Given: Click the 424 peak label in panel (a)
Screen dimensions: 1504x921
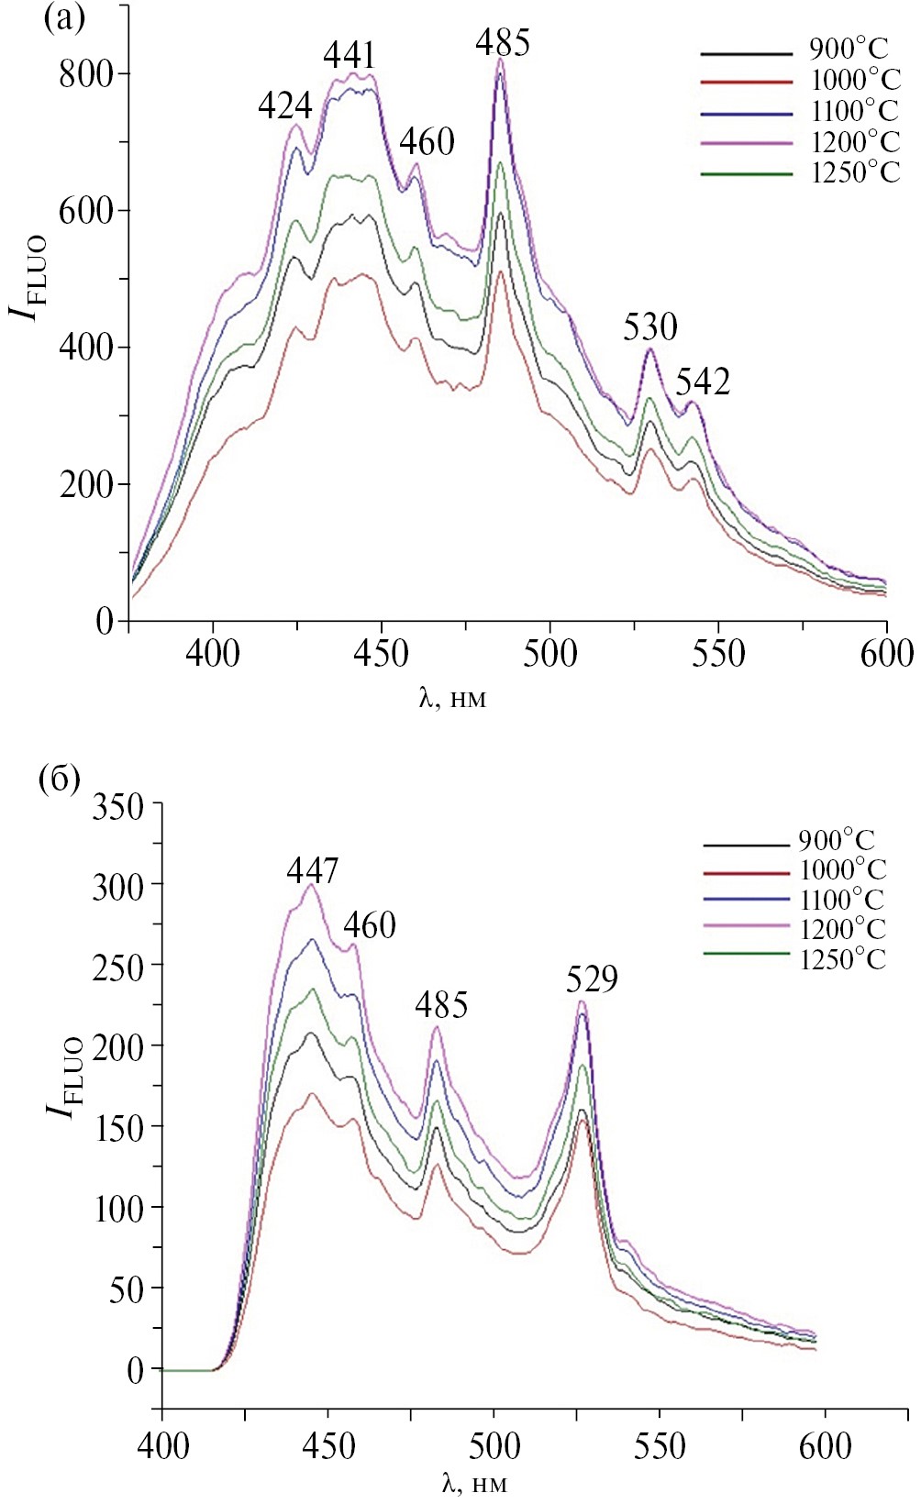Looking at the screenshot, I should click(284, 107).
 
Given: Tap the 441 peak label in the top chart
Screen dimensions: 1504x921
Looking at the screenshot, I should click(350, 56).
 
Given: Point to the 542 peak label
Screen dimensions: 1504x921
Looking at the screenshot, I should click(703, 382).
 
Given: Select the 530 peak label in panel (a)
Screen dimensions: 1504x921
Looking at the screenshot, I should click(649, 327).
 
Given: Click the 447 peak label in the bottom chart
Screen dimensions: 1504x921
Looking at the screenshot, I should click(313, 869).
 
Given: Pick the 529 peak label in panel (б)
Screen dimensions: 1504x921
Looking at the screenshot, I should click(592, 979).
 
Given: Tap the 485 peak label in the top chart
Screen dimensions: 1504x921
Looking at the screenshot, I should click(503, 43).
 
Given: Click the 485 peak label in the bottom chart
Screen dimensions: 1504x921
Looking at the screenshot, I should click(441, 1005).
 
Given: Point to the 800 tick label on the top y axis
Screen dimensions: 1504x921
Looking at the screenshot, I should click(86, 74).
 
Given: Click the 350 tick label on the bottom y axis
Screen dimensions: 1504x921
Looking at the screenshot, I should click(118, 807).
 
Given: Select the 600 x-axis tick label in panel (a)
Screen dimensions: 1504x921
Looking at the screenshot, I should click(886, 654).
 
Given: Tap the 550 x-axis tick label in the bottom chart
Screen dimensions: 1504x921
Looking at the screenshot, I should click(659, 1447).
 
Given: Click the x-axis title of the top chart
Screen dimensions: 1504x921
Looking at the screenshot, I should click(452, 699).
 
